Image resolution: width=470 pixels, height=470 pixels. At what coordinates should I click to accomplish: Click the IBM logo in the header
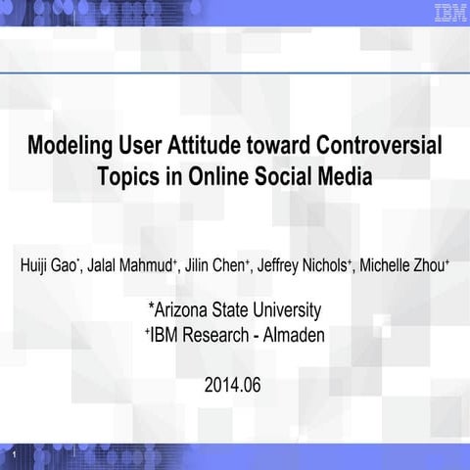tap(447, 13)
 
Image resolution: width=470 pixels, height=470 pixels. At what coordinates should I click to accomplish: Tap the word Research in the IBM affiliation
tap(215, 334)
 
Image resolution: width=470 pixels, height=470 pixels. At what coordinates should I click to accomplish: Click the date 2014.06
tap(233, 385)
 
